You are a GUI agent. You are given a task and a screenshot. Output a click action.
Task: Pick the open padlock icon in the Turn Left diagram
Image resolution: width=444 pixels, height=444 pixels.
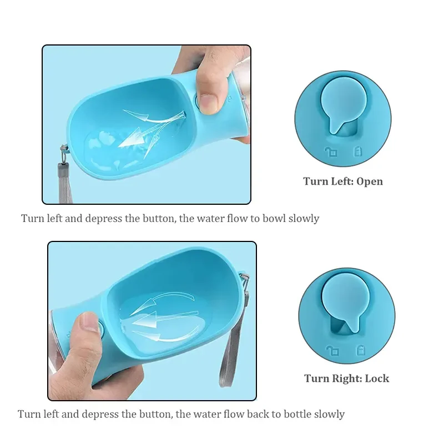point(331,152)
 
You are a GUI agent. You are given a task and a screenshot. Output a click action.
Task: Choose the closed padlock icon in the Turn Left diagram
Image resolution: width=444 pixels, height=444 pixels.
point(356,150)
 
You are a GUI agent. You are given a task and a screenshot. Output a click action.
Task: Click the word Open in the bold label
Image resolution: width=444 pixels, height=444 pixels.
point(370,181)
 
